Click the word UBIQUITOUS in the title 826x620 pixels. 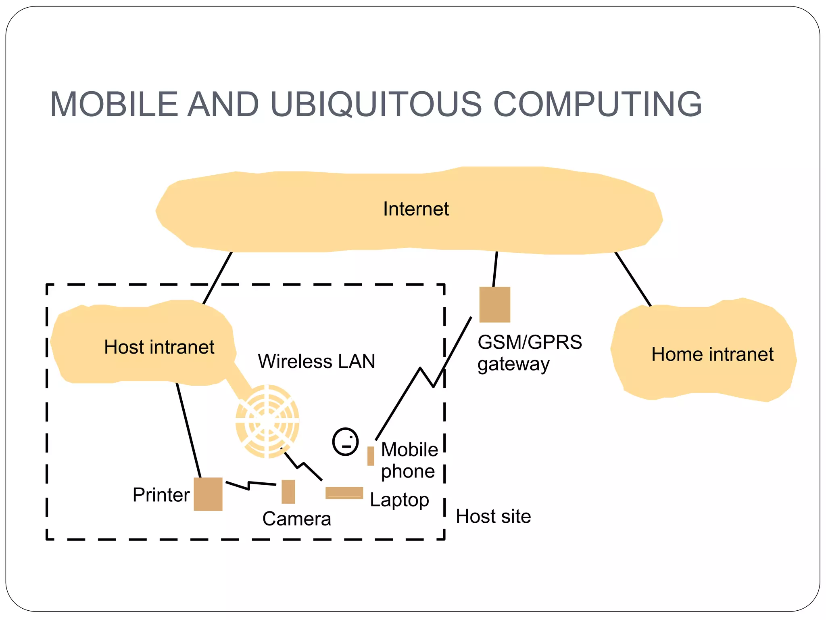click(376, 104)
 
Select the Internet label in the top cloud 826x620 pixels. click(416, 209)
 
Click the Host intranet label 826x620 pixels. click(159, 347)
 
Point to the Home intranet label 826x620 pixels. click(712, 354)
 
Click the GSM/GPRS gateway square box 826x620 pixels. click(494, 305)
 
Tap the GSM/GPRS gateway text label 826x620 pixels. click(529, 353)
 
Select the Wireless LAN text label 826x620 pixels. click(317, 361)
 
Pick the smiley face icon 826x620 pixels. click(345, 442)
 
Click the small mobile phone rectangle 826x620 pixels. click(371, 456)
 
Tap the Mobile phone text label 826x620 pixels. click(409, 460)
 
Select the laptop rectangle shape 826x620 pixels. click(344, 493)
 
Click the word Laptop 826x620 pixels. click(399, 500)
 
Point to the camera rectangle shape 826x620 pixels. click(288, 492)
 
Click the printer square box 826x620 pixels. click(208, 494)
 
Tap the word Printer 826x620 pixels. click(161, 495)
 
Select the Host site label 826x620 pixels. click(493, 517)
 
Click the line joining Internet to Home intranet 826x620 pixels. click(633, 279)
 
